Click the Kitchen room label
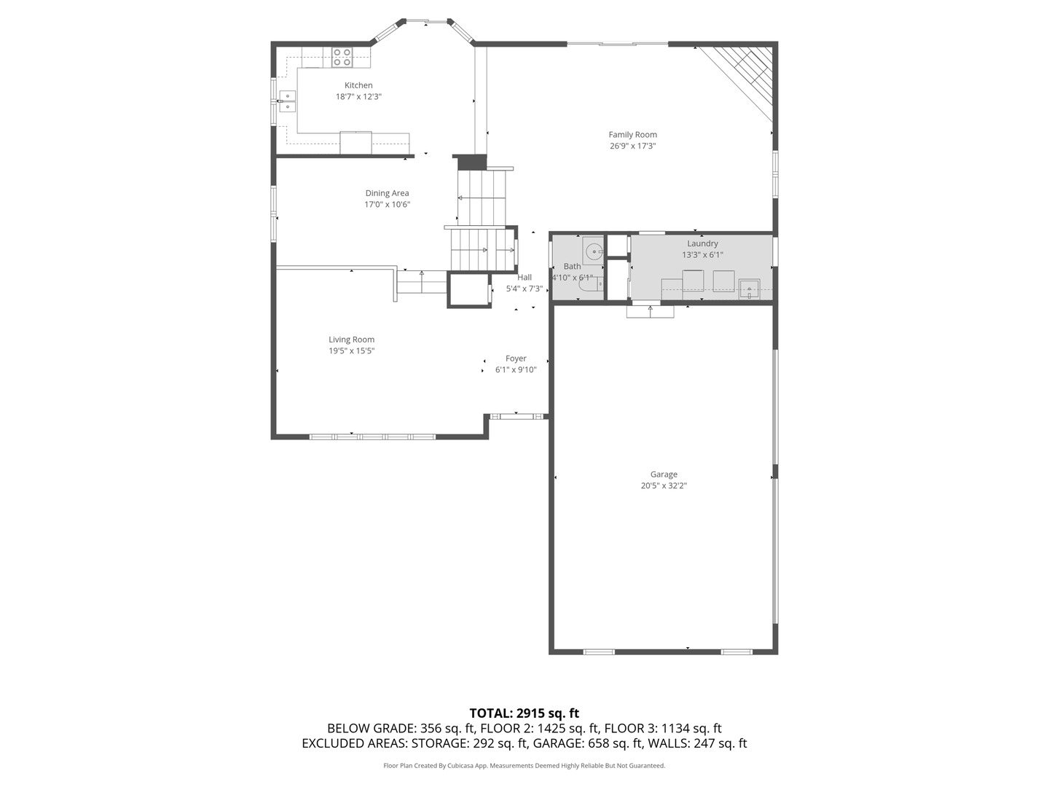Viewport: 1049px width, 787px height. pos(358,85)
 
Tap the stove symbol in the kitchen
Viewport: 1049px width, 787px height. pos(342,57)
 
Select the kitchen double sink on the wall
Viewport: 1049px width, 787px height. pos(287,101)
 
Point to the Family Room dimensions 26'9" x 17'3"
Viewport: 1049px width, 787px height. pos(633,146)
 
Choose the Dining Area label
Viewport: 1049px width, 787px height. pos(387,193)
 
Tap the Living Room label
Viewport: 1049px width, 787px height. pos(351,340)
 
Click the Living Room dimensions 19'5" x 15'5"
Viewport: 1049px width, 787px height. pos(351,351)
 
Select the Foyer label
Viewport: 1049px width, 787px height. pos(516,359)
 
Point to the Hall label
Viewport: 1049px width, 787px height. pos(524,277)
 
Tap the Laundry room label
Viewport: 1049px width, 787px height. pos(702,243)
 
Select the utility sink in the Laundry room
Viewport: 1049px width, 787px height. pos(749,289)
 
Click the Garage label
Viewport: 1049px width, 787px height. pos(664,474)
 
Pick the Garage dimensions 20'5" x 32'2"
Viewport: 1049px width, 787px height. pos(664,485)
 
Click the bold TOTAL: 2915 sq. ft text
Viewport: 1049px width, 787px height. pos(524,713)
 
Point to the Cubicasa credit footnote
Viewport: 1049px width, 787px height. pos(524,766)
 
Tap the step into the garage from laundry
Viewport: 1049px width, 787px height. pos(651,311)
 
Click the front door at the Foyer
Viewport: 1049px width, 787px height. pos(518,416)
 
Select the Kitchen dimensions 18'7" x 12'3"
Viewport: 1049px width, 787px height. pos(358,96)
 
